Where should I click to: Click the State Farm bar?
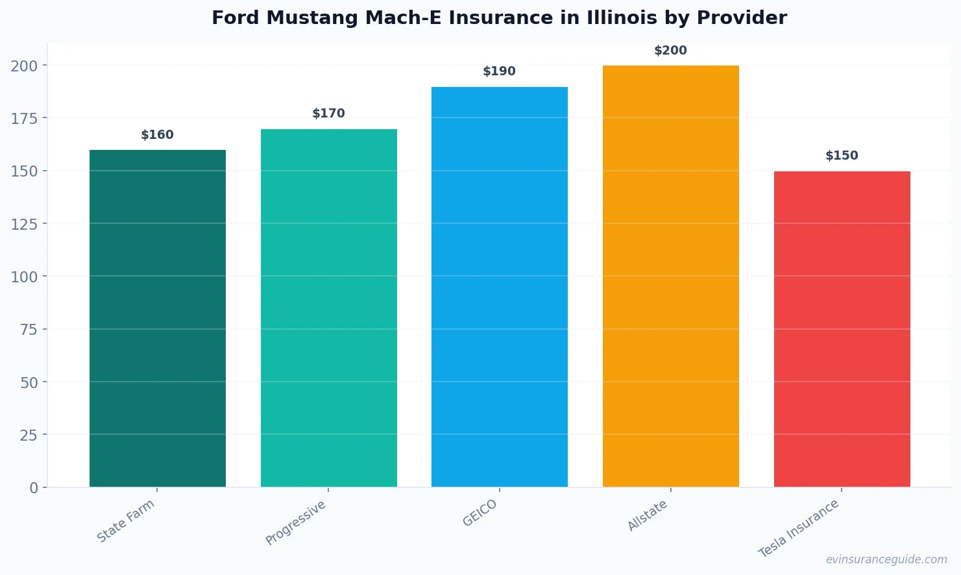pyautogui.click(x=158, y=318)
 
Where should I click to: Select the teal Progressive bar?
pyautogui.click(x=329, y=308)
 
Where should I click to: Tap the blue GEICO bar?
pyautogui.click(x=500, y=287)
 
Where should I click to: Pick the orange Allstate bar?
pyautogui.click(x=670, y=276)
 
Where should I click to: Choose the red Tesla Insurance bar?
pyautogui.click(x=842, y=329)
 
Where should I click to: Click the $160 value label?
pyautogui.click(x=158, y=135)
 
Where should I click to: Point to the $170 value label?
pyautogui.click(x=329, y=114)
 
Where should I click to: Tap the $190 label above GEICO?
pyautogui.click(x=500, y=71)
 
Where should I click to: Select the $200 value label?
pyautogui.click(x=670, y=51)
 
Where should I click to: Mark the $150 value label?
pyautogui.click(x=842, y=156)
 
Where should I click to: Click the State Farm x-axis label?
pyautogui.click(x=126, y=520)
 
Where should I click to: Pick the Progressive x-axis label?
pyautogui.click(x=296, y=522)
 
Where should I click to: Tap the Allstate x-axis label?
pyautogui.click(x=648, y=516)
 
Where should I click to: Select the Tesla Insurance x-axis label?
pyautogui.click(x=799, y=528)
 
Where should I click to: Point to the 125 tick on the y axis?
pyautogui.click(x=24, y=224)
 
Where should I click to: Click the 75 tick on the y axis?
pyautogui.click(x=29, y=330)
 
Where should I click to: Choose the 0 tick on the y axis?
pyautogui.click(x=34, y=488)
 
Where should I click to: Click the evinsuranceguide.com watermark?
pyautogui.click(x=886, y=559)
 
